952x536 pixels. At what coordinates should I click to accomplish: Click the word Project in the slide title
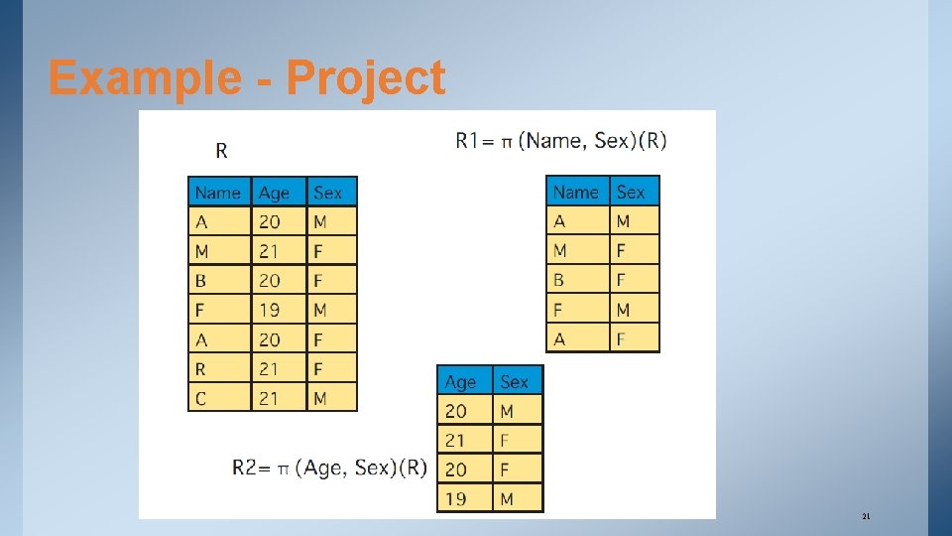[x=366, y=78]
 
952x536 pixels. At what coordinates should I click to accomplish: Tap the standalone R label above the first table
[x=221, y=151]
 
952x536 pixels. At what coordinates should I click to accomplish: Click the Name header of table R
[x=218, y=193]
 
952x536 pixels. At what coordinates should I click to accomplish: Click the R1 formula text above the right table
[x=561, y=140]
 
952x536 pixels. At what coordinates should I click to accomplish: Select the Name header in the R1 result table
[x=575, y=192]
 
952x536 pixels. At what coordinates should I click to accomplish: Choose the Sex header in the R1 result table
[x=631, y=192]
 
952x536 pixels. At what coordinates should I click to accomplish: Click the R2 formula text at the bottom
[x=329, y=468]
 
